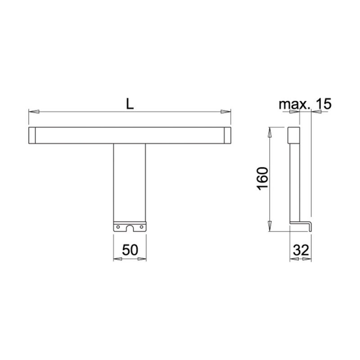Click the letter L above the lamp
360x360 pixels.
[130, 104]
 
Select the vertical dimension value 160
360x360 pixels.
[262, 179]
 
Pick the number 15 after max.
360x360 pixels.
[323, 104]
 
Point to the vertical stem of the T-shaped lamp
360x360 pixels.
[130, 180]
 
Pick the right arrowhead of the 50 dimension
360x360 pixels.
[144, 259]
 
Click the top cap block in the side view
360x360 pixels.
[293, 135]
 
